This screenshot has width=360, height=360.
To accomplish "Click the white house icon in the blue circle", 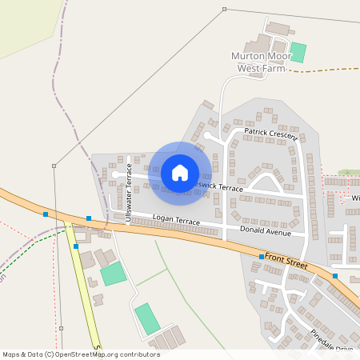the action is pyautogui.click(x=180, y=173).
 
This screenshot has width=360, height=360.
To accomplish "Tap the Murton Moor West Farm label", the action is pyautogui.click(x=258, y=62).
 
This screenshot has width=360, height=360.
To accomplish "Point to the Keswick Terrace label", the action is pyautogui.click(x=218, y=186).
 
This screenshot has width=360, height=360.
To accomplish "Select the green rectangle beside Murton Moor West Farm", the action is pyautogui.click(x=298, y=52).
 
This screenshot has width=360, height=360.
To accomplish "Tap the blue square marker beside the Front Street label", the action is pyautogui.click(x=262, y=256).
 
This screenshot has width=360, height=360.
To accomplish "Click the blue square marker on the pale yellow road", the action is pyautogui.click(x=75, y=246).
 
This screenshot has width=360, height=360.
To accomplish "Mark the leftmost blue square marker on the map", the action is pyautogui.click(x=46, y=214).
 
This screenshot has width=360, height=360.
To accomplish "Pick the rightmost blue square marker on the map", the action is pyautogui.click(x=335, y=276).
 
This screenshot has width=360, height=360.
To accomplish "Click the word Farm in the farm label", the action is pyautogui.click(x=272, y=69).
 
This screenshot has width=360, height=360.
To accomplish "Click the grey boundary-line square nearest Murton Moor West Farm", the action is pyautogui.click(x=224, y=10).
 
